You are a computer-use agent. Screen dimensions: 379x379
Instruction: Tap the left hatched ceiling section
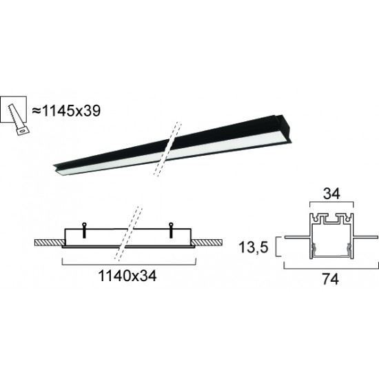[x=49, y=243]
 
